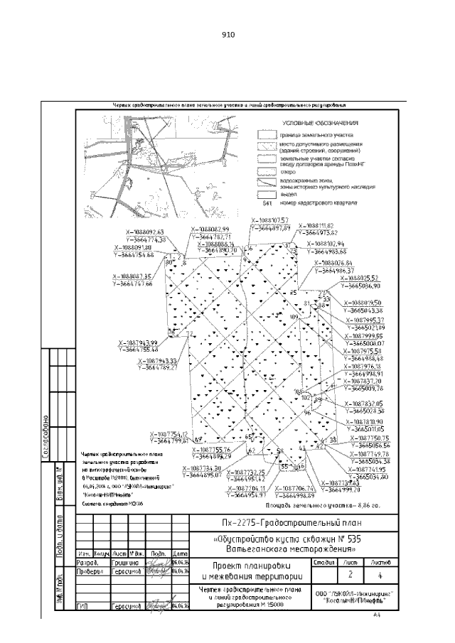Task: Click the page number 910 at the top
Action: point(227,35)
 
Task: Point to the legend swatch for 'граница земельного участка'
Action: point(266,133)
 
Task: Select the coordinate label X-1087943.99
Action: point(138,343)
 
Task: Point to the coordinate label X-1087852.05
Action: point(366,404)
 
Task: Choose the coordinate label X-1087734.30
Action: point(203,468)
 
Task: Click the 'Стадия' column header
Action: point(324,561)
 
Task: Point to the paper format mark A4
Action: point(378,617)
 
